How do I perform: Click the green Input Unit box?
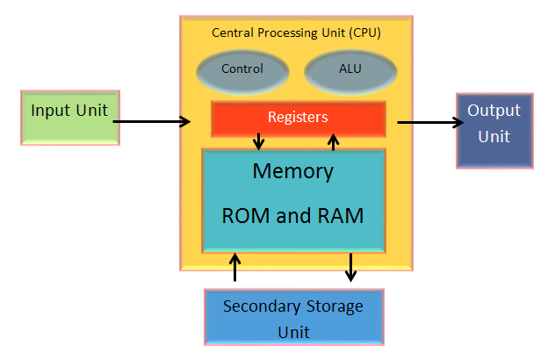coord(69,116)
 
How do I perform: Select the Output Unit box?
coord(494,129)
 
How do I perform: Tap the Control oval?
coord(242,69)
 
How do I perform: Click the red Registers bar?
coord(298,119)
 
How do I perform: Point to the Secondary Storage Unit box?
coord(292,318)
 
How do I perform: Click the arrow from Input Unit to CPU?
coord(151,122)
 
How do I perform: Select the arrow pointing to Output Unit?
coord(426,122)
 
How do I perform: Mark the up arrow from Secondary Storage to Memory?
coord(234,266)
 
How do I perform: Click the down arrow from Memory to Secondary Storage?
coord(351,266)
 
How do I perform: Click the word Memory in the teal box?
coord(292,170)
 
